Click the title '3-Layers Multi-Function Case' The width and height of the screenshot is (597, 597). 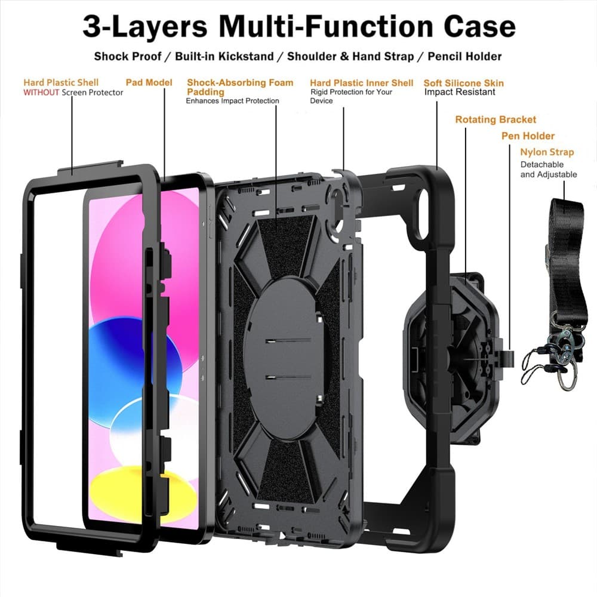click(299, 26)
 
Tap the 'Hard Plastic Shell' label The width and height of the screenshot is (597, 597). click(61, 82)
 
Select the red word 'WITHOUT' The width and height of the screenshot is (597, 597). click(41, 92)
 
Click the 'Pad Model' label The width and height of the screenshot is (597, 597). click(149, 82)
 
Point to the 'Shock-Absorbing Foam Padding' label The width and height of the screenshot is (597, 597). click(240, 87)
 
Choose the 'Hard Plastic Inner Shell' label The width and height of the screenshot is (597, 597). click(361, 82)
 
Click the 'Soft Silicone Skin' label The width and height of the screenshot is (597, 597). click(463, 82)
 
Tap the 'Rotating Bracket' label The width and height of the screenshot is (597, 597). click(496, 119)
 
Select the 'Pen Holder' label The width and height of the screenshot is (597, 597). click(528, 136)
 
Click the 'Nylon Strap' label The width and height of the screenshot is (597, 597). click(547, 152)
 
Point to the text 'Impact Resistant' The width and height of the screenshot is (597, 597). click(460, 92)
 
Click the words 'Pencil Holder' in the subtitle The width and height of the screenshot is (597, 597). click(464, 56)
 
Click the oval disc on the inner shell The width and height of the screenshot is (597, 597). click(284, 358)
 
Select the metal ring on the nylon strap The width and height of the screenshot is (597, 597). click(567, 377)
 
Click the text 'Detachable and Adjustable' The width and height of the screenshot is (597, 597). click(548, 170)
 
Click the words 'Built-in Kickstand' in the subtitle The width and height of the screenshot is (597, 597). click(224, 56)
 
